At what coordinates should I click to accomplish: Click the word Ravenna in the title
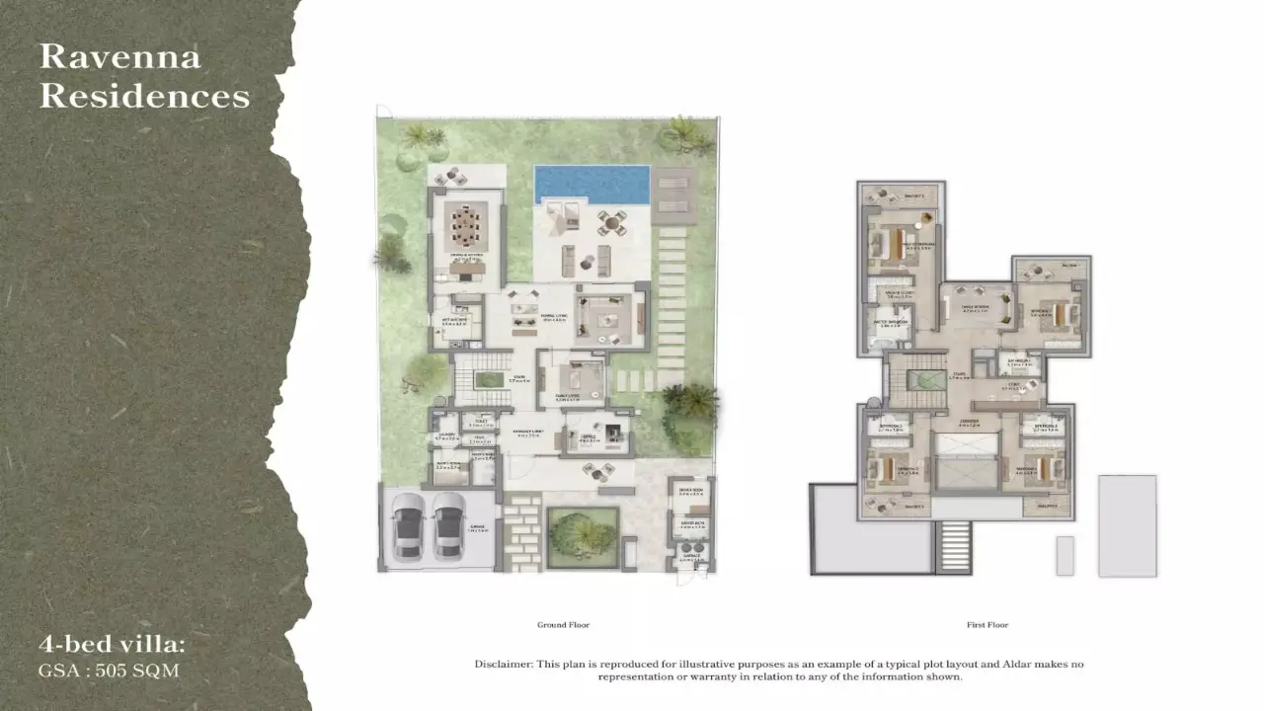point(119,56)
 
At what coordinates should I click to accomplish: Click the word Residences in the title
point(144,96)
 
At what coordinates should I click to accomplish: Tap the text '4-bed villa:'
point(112,645)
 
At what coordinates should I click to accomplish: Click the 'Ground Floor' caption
point(563,625)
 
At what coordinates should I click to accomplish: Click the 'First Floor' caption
point(987,625)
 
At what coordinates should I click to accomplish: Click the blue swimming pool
point(592,184)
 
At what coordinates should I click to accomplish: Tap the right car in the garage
point(448,526)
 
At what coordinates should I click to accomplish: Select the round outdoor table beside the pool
point(612,223)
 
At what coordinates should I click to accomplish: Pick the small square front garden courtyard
point(583,537)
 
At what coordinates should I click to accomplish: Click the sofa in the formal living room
point(605,316)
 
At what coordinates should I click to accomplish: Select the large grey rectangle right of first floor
point(1127,525)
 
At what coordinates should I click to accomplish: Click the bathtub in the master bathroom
point(878,342)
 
